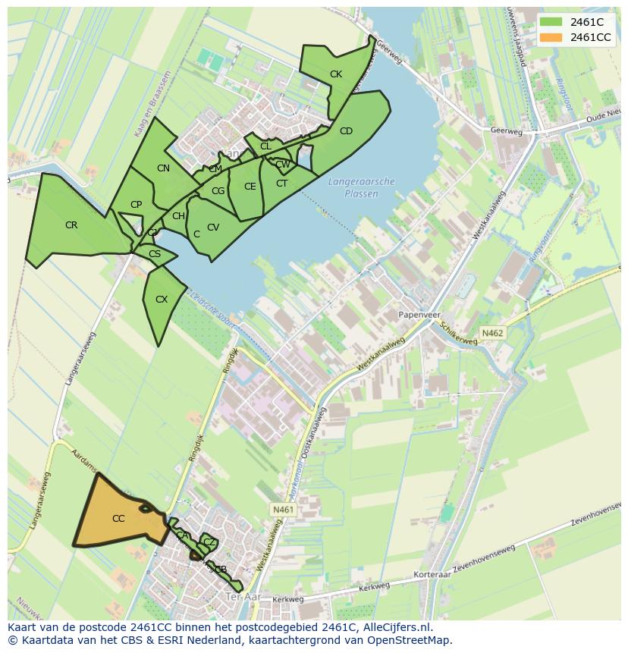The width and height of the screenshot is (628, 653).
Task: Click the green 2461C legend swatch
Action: pyautogui.click(x=551, y=22)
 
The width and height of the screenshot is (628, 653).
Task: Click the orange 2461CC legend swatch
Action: pyautogui.click(x=551, y=37)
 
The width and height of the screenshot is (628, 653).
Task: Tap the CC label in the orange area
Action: pyautogui.click(x=118, y=519)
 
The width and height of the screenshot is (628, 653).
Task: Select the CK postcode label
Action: pyautogui.click(x=336, y=74)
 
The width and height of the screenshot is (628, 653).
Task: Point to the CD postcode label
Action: pyautogui.click(x=346, y=131)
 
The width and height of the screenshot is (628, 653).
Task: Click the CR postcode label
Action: pyautogui.click(x=71, y=225)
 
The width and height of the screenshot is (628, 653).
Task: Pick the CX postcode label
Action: pyautogui.click(x=161, y=300)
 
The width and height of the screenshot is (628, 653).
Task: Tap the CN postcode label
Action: pyautogui.click(x=163, y=168)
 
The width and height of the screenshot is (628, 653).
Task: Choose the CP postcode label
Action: pyautogui.click(x=136, y=205)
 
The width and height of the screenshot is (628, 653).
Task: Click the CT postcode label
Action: pyautogui.click(x=281, y=184)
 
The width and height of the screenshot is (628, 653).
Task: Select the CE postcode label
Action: pyautogui.click(x=250, y=187)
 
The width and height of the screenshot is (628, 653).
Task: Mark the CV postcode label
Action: pyautogui.click(x=213, y=228)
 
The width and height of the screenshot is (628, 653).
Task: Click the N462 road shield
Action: pyautogui.click(x=492, y=332)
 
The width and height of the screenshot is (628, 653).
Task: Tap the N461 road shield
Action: pyautogui.click(x=281, y=510)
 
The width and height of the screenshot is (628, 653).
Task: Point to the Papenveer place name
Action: pyautogui.click(x=419, y=314)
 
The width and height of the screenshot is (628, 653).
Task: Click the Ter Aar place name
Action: pyautogui.click(x=243, y=598)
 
